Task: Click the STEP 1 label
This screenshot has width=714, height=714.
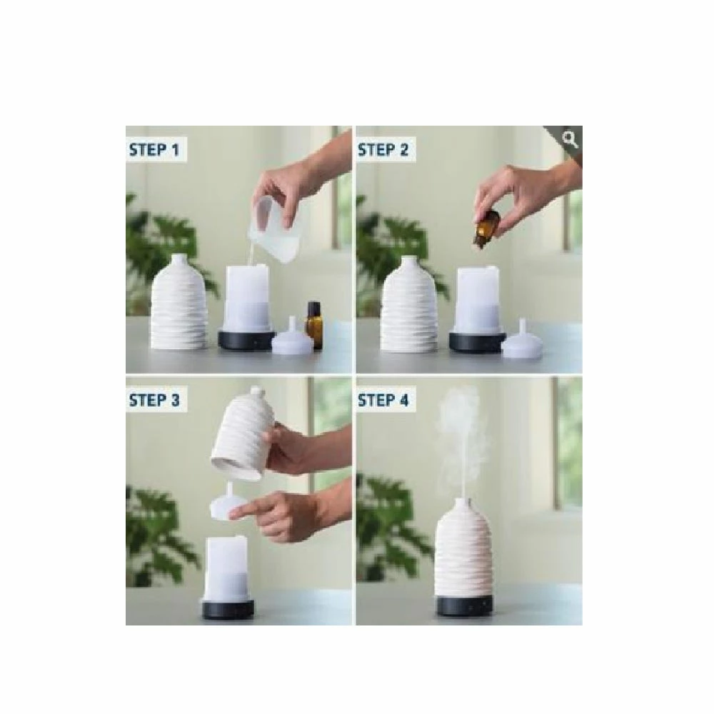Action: click(x=154, y=150)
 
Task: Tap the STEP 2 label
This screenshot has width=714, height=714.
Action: click(x=383, y=150)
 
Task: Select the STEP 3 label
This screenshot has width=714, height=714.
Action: click(x=154, y=401)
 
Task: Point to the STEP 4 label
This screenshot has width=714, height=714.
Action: click(x=383, y=401)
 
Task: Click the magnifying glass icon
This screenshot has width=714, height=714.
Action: click(x=570, y=139)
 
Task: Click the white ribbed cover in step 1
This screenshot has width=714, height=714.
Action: click(x=179, y=302)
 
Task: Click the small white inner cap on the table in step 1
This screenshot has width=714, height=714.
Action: click(x=292, y=338)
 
